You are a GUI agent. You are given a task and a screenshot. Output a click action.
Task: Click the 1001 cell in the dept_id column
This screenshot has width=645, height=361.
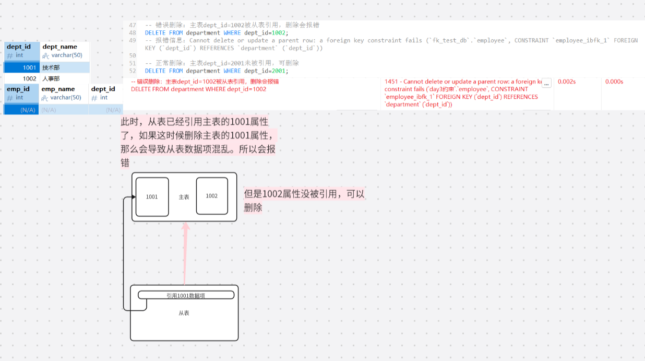[x=29, y=67]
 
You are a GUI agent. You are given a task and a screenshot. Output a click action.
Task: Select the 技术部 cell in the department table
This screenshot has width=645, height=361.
[x=51, y=67]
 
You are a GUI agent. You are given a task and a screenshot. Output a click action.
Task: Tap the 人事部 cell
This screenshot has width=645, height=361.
[x=51, y=78]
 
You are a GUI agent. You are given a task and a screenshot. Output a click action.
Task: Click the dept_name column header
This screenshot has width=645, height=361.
[x=59, y=47]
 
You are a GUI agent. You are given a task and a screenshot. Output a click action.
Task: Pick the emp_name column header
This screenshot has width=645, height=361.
[x=58, y=89]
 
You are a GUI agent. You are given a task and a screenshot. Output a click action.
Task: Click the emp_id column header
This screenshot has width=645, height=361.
[x=18, y=89]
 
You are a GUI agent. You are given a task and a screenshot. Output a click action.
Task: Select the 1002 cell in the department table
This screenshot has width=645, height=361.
[x=29, y=78]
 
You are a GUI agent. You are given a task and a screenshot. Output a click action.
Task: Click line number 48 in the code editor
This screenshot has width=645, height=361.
[x=132, y=33]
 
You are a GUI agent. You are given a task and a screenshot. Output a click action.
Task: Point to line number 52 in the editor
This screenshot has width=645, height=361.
[x=132, y=71]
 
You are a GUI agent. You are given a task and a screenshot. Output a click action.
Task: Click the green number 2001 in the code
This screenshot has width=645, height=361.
[x=278, y=71]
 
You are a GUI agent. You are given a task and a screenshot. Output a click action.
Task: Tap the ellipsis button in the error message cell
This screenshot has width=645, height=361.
[x=546, y=83]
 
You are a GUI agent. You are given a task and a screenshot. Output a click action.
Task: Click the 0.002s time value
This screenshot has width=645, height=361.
[x=567, y=81]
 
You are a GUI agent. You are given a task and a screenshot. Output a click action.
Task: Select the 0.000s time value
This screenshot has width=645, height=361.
[x=614, y=81]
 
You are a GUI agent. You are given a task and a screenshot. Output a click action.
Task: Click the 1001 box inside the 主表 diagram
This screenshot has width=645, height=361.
[x=152, y=197]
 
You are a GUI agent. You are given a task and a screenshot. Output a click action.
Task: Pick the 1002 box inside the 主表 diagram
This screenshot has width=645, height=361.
[x=212, y=196]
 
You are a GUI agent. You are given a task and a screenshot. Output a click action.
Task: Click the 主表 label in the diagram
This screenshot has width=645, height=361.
[x=184, y=197]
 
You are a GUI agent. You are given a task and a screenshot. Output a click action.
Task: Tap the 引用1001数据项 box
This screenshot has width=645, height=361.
[x=186, y=295]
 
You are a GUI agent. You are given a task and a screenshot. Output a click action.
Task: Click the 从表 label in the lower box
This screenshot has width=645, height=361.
[x=184, y=313]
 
